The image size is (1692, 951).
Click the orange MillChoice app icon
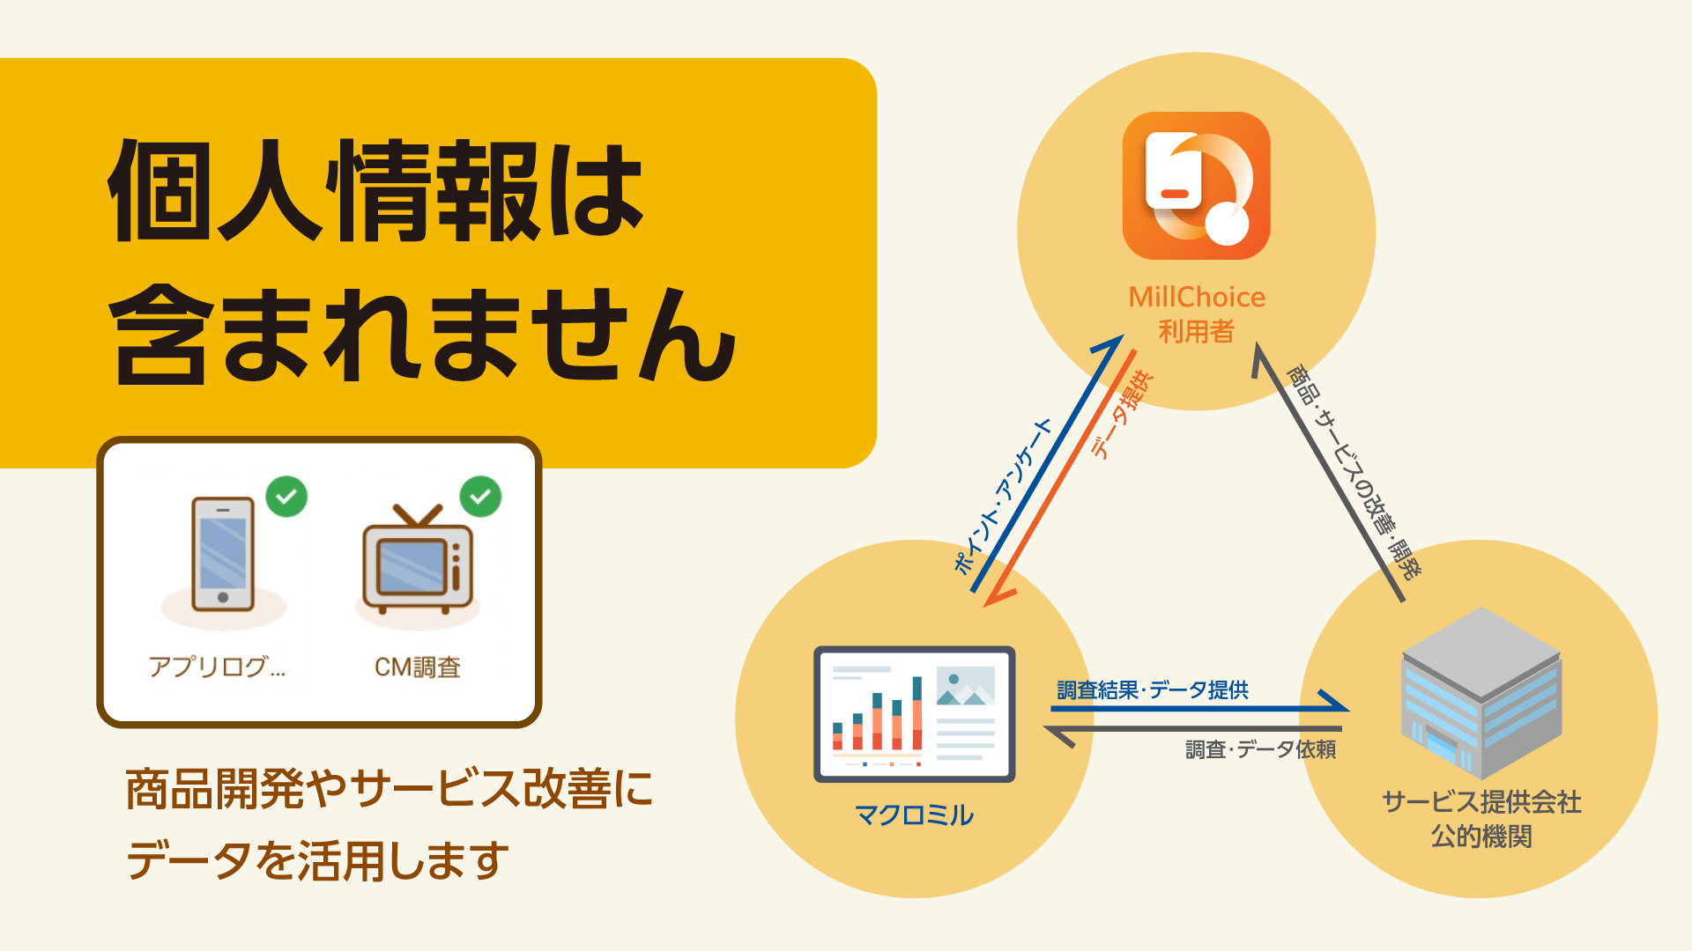[1196, 186]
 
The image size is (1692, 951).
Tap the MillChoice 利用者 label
[1197, 314]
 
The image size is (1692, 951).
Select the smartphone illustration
[223, 554]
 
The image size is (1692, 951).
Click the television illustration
[418, 559]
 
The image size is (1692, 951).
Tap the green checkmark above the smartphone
[286, 497]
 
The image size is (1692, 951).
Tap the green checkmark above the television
[480, 497]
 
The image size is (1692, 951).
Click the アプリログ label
[217, 667]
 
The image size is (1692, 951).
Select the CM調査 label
[418, 667]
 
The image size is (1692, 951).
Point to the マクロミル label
[914, 815]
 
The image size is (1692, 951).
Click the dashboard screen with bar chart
[914, 714]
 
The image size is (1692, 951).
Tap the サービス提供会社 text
[1481, 801]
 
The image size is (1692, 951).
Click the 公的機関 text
[1481, 836]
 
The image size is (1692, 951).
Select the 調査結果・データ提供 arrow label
[1153, 689]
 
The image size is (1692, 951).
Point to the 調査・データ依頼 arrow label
[1260, 749]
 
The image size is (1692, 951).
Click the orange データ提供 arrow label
[1122, 414]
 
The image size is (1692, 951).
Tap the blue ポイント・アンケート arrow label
[1003, 497]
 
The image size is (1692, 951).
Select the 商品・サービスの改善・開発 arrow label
[1354, 473]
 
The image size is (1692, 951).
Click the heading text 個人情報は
[376, 190]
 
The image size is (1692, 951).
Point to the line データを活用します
[318, 860]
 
